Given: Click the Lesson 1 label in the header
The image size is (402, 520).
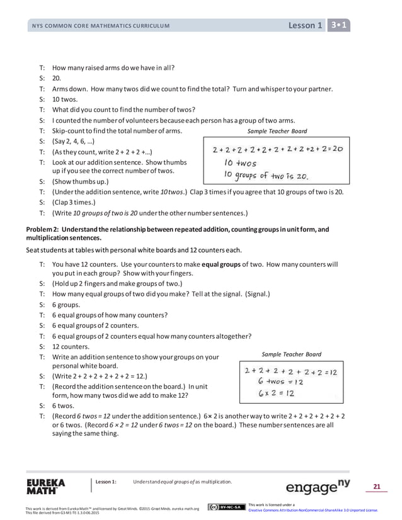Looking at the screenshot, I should (305, 25).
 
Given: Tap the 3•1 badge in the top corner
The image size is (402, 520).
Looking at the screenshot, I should (339, 25).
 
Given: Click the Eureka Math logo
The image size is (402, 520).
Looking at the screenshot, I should (45, 487).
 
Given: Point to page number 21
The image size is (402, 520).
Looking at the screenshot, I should (377, 486).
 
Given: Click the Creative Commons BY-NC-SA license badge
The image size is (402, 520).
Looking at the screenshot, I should (226, 507).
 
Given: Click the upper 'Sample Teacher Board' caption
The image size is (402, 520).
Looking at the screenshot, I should (277, 131).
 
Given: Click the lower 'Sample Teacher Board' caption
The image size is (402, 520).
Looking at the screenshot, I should (291, 354).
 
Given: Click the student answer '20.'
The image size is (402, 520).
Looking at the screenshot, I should (57, 79).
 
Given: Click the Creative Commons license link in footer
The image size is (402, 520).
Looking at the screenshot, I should (313, 511).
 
